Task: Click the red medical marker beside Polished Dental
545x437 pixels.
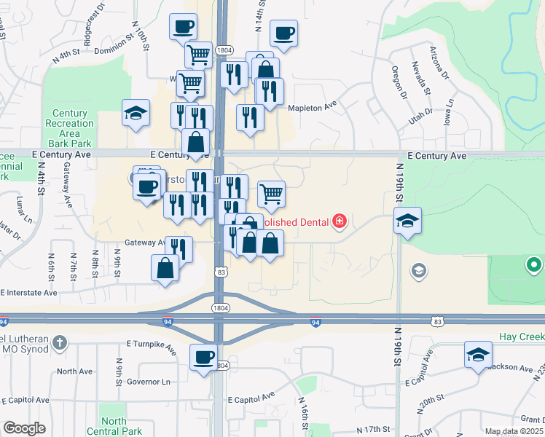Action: coord(340,220)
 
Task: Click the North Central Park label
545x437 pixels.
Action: coord(114,426)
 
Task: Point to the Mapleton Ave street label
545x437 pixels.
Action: coord(313,106)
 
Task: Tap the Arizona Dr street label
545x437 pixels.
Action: coord(439,64)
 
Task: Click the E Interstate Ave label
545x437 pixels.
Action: coord(29,293)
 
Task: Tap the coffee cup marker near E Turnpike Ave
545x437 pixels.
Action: coord(203,357)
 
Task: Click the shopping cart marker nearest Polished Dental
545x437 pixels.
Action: coord(271,194)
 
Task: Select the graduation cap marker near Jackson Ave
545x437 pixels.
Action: coord(478,355)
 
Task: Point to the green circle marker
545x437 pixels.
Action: coord(535,264)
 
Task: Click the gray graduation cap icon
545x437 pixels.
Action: coord(418,272)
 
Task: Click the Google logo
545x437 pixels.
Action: coord(25,428)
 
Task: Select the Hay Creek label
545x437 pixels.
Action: coord(521,337)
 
